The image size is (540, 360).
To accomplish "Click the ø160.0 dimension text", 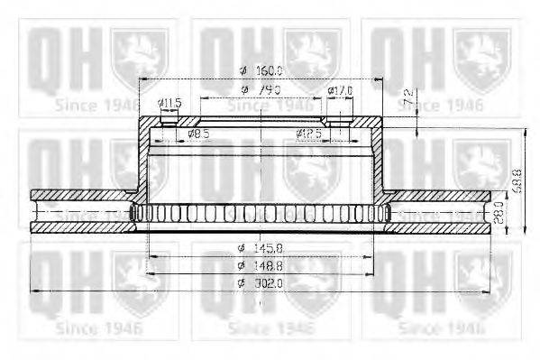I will [x=261, y=70].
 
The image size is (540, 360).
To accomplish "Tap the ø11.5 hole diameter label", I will [x=169, y=104].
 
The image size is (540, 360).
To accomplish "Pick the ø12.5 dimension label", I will [x=309, y=134].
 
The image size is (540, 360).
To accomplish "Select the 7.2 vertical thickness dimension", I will [x=408, y=96].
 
